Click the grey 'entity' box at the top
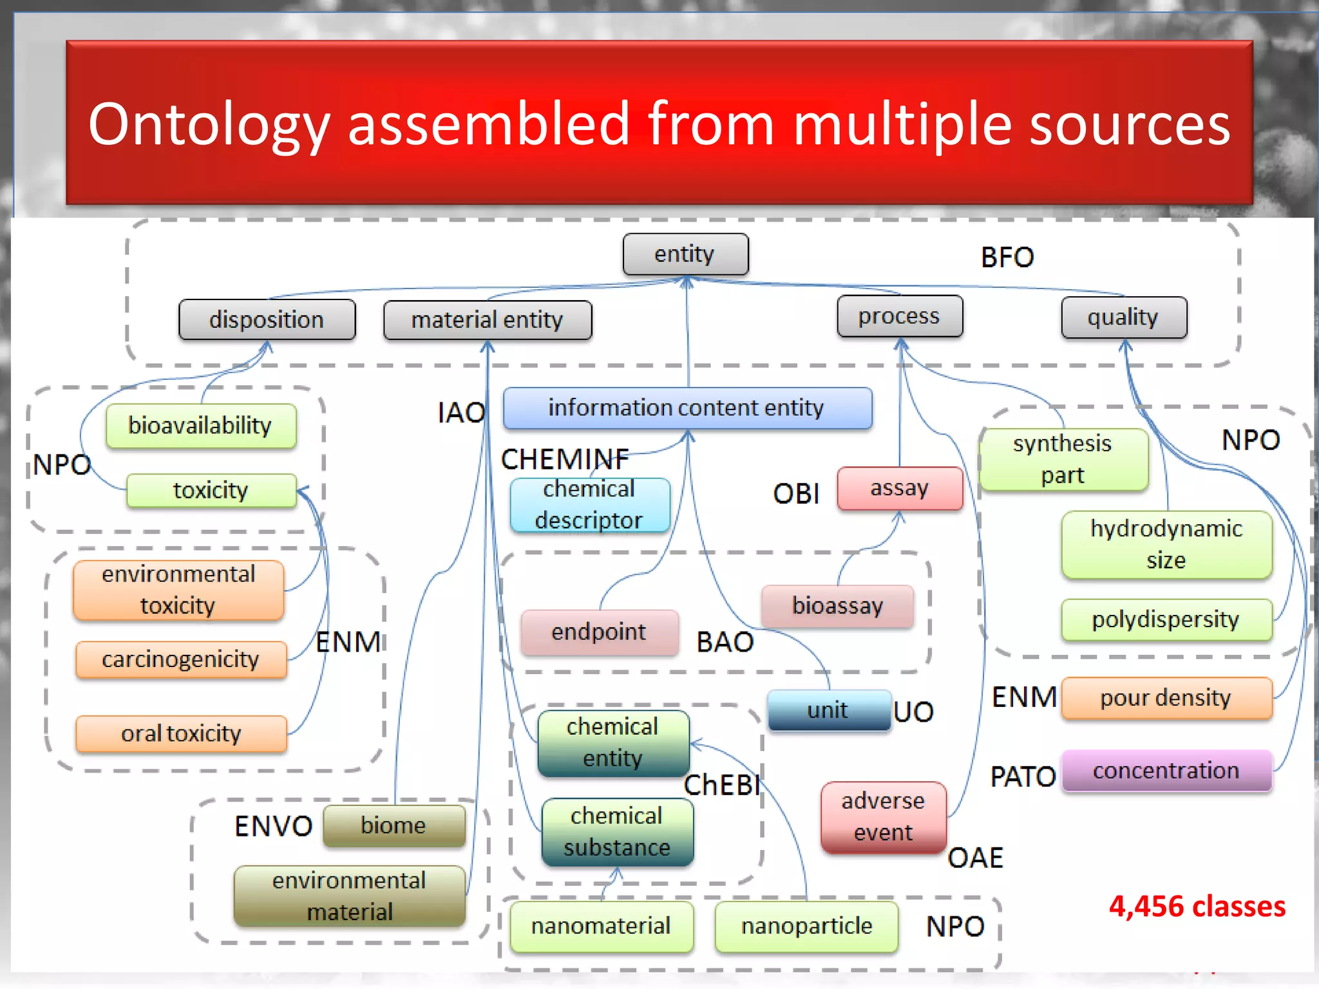click(x=685, y=254)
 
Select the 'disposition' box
click(x=267, y=320)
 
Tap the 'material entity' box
click(x=487, y=320)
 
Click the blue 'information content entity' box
click(x=687, y=408)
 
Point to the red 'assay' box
click(x=900, y=488)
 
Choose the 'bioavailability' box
click(x=200, y=426)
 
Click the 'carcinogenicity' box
click(x=180, y=659)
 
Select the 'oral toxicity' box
click(x=181, y=733)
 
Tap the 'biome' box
click(x=394, y=825)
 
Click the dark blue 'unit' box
click(x=828, y=710)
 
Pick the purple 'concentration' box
click(x=1166, y=770)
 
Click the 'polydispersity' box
click(x=1166, y=619)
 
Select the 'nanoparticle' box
click(x=806, y=926)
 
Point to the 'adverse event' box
click(x=883, y=816)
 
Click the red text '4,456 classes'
click(x=1197, y=907)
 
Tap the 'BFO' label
click(x=1007, y=258)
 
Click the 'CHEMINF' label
click(x=565, y=459)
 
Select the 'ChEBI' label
click(x=722, y=786)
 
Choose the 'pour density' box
click(x=1166, y=698)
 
